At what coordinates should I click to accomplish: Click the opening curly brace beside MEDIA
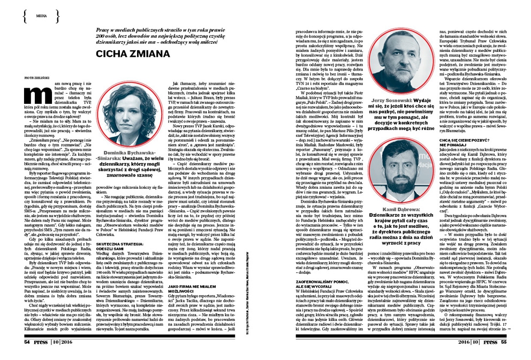point(26,16)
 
